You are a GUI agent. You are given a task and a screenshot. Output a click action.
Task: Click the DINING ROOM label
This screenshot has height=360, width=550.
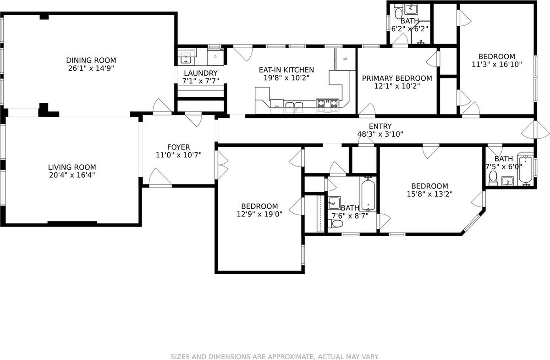(91, 60)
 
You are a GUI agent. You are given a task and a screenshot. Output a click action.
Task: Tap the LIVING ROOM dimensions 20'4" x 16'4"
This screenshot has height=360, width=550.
(72, 175)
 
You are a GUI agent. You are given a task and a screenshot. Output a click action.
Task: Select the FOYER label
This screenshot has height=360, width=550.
(178, 147)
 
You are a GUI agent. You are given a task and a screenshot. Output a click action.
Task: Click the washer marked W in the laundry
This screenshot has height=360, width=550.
(186, 57)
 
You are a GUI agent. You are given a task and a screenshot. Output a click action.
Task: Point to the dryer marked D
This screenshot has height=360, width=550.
(215, 57)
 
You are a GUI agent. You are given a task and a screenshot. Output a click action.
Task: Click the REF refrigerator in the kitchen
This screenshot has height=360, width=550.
(345, 59)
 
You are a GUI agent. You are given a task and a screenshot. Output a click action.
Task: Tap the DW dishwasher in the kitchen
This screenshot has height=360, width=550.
(277, 106)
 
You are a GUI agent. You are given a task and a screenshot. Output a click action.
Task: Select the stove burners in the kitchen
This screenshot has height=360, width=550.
(328, 106)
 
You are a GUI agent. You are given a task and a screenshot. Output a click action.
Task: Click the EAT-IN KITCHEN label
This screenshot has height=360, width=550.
(286, 70)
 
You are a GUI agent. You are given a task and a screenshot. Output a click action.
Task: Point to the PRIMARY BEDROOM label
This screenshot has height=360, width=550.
(397, 78)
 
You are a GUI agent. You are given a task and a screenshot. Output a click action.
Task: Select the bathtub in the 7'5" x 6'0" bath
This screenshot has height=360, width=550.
(525, 170)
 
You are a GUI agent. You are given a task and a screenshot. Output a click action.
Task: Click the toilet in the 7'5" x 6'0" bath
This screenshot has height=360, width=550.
(493, 178)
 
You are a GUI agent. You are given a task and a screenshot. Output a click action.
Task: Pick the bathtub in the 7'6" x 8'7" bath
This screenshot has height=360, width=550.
(368, 194)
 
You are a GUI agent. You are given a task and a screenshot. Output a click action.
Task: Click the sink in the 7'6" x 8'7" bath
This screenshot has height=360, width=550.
(335, 203)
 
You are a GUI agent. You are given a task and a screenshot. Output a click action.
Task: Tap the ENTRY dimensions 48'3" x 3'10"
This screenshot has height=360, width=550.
(380, 134)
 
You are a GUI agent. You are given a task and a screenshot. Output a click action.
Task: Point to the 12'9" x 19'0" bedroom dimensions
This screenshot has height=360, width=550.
(259, 214)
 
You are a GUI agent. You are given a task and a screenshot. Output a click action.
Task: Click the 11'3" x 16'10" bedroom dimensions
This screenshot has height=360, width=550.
(496, 64)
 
